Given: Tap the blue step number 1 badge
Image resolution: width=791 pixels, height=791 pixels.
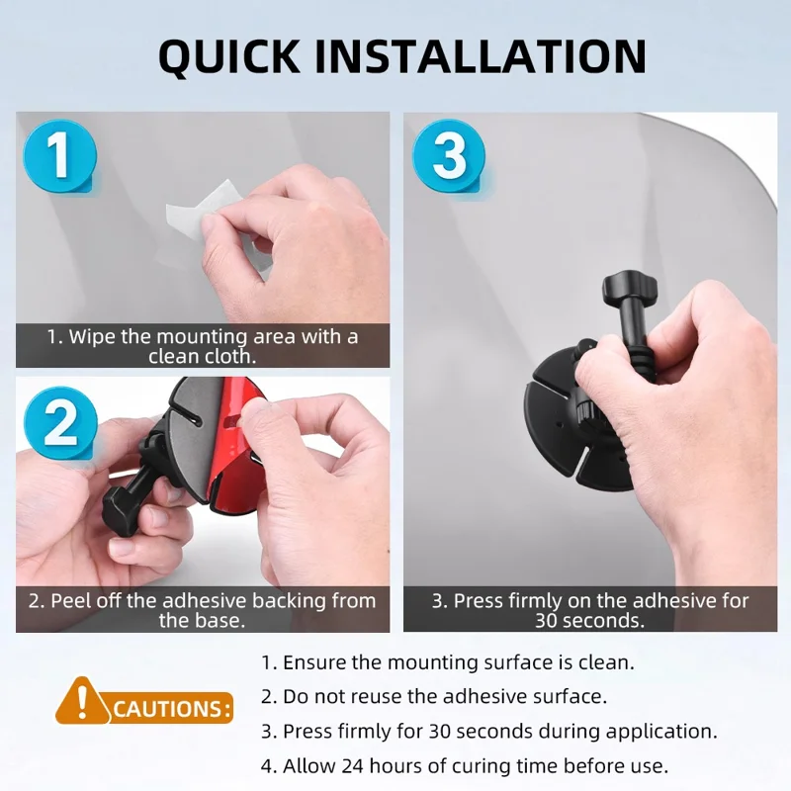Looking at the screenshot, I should pyautogui.click(x=59, y=157).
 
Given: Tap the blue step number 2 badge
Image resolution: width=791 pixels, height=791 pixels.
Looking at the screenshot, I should pyautogui.click(x=60, y=424).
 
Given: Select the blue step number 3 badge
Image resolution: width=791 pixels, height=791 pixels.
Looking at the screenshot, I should pyautogui.click(x=448, y=157).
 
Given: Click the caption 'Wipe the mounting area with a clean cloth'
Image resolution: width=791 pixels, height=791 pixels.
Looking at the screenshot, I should pyautogui.click(x=202, y=345).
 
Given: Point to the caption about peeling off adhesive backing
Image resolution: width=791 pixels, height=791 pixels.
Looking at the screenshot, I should pyautogui.click(x=202, y=610).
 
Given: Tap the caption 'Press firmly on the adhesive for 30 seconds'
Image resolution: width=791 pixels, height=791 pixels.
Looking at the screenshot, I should pyautogui.click(x=590, y=610).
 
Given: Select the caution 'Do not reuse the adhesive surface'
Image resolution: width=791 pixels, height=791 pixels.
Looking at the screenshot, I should pyautogui.click(x=433, y=696).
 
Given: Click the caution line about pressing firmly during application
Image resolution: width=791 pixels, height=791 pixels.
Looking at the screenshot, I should pyautogui.click(x=488, y=731).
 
